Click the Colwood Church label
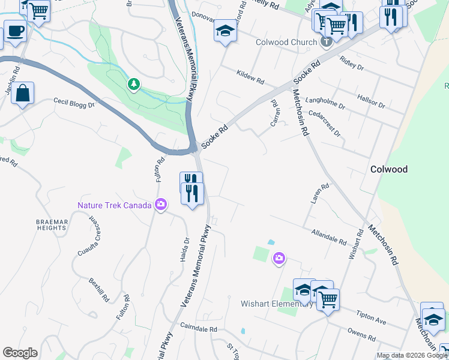tap(286, 42)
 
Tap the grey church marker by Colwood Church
tap(326, 42)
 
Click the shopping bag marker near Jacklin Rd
tap(22, 93)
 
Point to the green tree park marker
tap(133, 85)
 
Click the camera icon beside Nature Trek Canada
tap(160, 205)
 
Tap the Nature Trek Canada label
tap(115, 205)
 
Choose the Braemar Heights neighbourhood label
tap(50, 224)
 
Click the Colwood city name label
tap(389, 169)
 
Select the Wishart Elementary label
tap(276, 304)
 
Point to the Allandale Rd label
tap(329, 237)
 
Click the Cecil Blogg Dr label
tap(74, 103)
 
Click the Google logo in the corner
tap(20, 353)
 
